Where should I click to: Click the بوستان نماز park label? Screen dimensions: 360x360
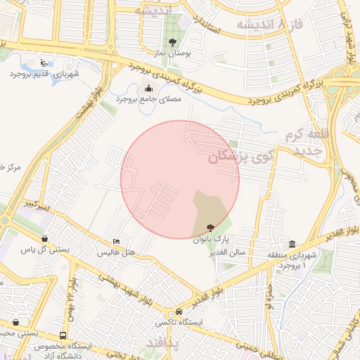click(x=172, y=53)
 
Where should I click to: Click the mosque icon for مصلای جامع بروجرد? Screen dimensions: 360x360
click(x=148, y=89)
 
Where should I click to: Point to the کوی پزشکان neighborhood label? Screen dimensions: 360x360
click(x=238, y=157)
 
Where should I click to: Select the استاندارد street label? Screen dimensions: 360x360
click(x=210, y=22)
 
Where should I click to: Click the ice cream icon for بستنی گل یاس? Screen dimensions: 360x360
click(x=45, y=238)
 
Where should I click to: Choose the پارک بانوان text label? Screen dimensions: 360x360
click(x=212, y=239)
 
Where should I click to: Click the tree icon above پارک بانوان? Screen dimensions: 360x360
click(x=209, y=228)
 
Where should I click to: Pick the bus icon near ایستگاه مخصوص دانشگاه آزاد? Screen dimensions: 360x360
click(x=63, y=336)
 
